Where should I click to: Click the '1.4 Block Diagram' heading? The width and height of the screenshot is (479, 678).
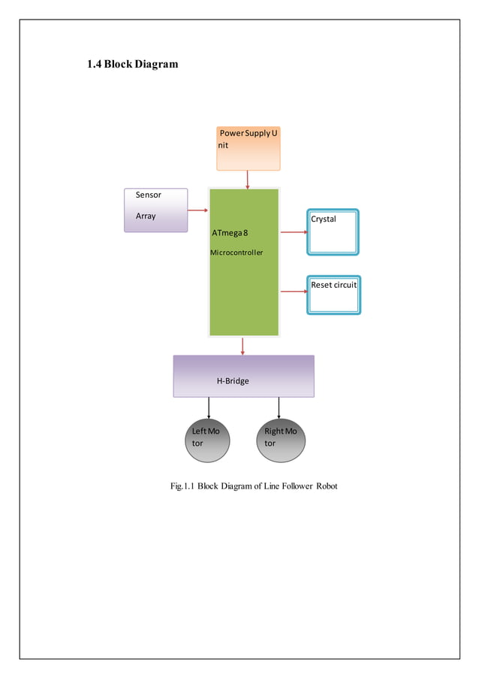point(133,64)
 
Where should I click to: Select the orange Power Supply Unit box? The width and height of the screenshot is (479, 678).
point(248,148)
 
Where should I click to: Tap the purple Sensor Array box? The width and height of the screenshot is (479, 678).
point(155,210)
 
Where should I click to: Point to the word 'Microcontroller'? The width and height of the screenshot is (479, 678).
point(236,253)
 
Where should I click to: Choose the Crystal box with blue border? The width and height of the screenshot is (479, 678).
point(333,232)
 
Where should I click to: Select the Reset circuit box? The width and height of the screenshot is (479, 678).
point(333,295)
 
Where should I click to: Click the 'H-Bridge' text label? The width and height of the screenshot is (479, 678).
point(233,381)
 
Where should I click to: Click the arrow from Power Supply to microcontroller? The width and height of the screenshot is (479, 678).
point(247,180)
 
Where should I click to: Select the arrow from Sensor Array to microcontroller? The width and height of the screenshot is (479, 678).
point(197,210)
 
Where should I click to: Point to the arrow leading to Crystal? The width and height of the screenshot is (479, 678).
point(294,232)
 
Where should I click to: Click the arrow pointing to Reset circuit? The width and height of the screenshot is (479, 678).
point(294,291)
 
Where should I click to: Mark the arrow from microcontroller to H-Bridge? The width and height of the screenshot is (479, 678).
point(243,346)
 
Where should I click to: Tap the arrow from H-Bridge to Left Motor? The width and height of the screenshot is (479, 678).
point(208,407)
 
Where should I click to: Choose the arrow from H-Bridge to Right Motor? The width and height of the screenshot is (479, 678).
point(279,407)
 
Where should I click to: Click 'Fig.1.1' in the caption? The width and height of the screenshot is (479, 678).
point(183,486)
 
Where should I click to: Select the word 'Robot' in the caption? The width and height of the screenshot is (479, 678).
point(325,486)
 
